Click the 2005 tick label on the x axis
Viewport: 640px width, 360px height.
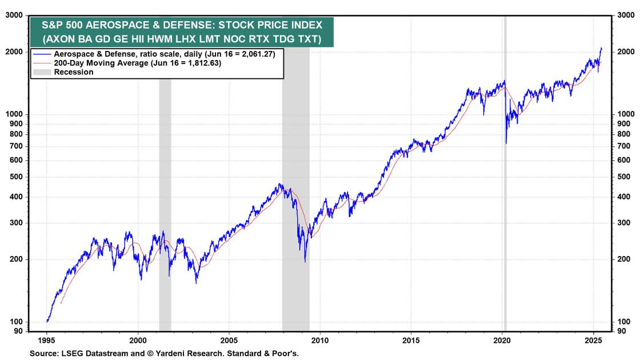(229, 339)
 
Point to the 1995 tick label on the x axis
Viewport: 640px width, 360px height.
(47, 339)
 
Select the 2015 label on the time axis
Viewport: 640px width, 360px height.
(411, 339)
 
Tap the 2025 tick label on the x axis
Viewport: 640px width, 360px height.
(593, 339)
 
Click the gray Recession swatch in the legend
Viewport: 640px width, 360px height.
(42, 72)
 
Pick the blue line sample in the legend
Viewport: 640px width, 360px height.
(42, 53)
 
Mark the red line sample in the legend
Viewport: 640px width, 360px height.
(42, 63)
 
